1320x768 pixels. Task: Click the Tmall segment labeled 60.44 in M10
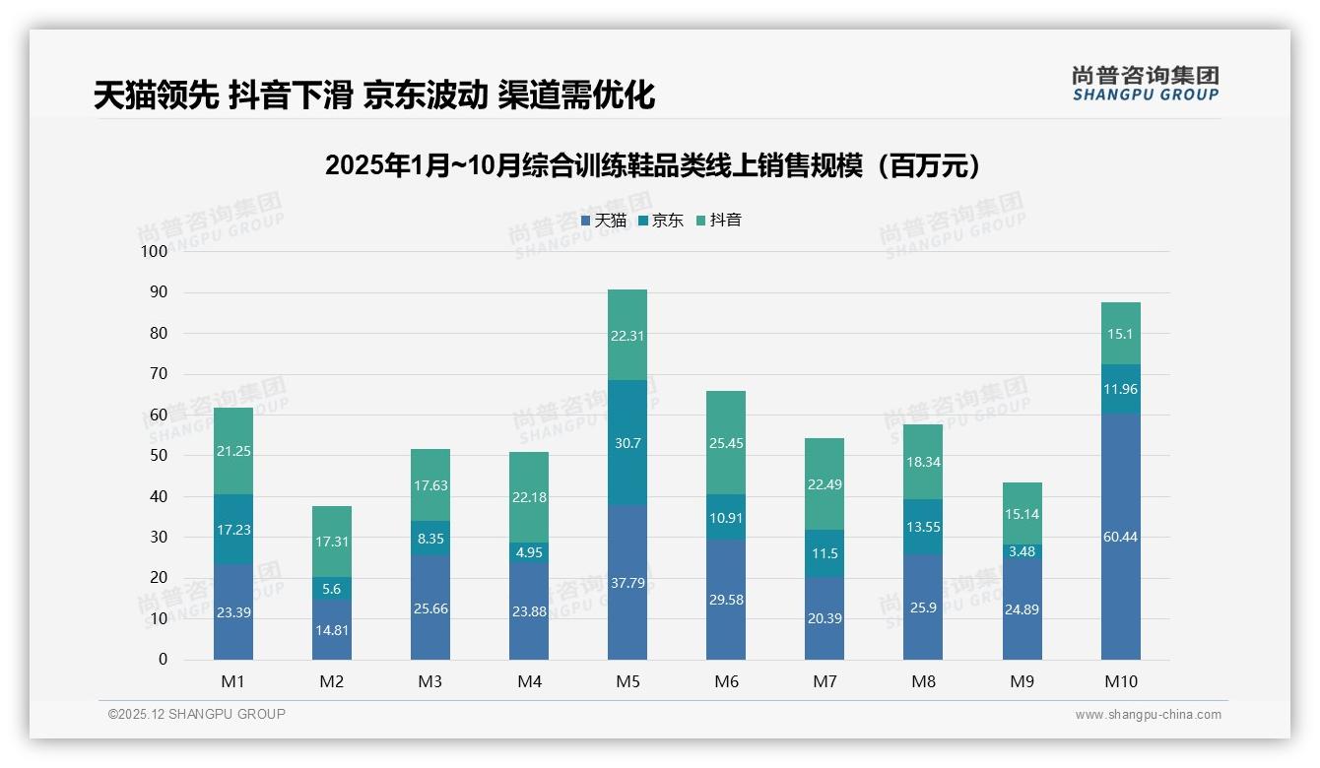pos(1120,537)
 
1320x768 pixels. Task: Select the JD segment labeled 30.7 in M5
pos(627,443)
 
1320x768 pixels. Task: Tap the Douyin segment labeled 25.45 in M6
pos(726,443)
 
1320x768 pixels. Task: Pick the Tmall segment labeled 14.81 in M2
pos(332,630)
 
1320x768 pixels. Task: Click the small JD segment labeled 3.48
pos(1022,551)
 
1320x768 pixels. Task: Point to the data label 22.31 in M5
pos(627,335)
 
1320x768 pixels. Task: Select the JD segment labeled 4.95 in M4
pos(529,552)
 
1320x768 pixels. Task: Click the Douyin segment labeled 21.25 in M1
pos(233,451)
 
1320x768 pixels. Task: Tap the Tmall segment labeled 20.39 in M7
pos(825,617)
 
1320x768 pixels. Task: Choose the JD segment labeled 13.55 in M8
pos(923,527)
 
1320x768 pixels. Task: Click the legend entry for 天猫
pos(604,221)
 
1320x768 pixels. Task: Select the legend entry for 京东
pos(661,221)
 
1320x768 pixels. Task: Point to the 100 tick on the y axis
pos(155,251)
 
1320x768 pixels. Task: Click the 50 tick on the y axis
pos(158,456)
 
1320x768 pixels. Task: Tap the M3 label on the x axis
pos(430,681)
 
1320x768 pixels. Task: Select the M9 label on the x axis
pos(1022,681)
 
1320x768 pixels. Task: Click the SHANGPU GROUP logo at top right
pos(1145,84)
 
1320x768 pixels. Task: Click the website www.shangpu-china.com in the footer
pos(1148,715)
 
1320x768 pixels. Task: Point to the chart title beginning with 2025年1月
pos(655,165)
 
